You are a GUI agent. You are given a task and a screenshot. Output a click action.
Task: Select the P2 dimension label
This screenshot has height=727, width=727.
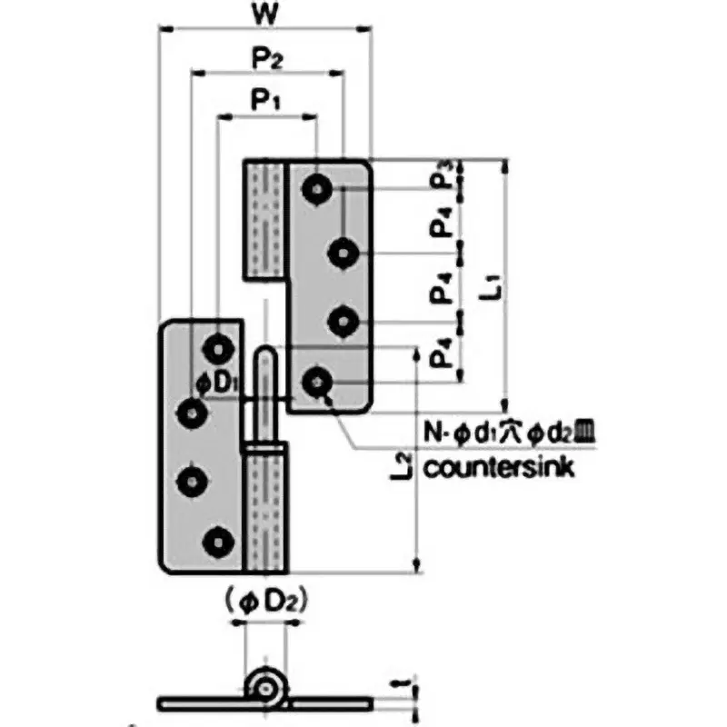[266, 60]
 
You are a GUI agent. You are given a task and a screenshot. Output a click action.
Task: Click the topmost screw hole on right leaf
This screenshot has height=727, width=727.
[317, 188]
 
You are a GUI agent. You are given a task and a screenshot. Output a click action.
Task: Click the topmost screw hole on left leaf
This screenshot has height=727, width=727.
[218, 346]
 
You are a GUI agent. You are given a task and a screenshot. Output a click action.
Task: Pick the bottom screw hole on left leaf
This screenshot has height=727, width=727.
[218, 542]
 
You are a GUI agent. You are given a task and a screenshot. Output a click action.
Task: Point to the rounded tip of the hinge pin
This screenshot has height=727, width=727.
[265, 354]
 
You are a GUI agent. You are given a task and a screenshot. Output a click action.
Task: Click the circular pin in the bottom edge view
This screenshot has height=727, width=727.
[265, 687]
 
